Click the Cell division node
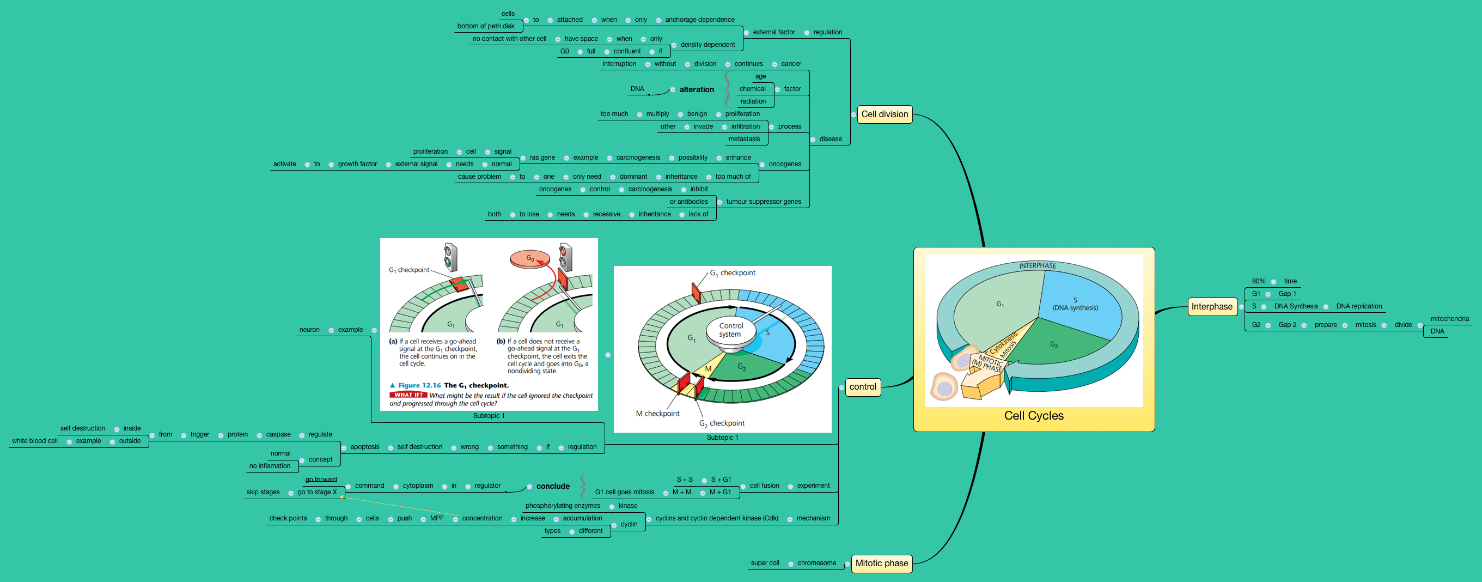[x=885, y=114]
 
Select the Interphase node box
[x=1212, y=307]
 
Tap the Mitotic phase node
[x=881, y=563]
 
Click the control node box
[x=862, y=387]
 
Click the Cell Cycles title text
[x=1033, y=416]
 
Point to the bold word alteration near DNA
[x=696, y=90]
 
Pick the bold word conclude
[x=552, y=487]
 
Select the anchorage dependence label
[x=699, y=20]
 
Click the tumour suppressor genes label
[x=763, y=202]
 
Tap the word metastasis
[x=744, y=139]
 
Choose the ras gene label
[x=542, y=157]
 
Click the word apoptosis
[x=365, y=447]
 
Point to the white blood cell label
[x=34, y=441]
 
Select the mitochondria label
[x=1449, y=319]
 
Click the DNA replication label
[x=1358, y=306]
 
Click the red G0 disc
[x=530, y=258]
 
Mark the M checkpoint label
[x=657, y=413]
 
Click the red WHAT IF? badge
[x=408, y=395]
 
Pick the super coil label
[x=765, y=563]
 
